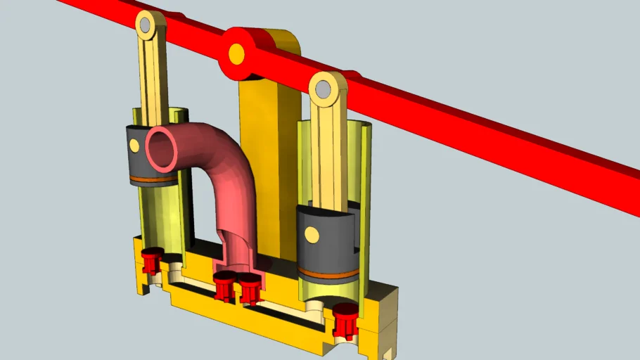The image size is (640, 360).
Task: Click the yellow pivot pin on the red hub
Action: click(236, 53)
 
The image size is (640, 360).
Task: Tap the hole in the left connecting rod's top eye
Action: click(146, 26)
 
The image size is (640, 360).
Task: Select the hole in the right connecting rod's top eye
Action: click(324, 89)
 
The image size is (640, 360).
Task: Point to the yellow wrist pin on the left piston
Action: click(134, 146)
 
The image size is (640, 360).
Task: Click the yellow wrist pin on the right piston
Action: click(310, 231)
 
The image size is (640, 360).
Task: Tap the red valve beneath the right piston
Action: click(345, 320)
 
